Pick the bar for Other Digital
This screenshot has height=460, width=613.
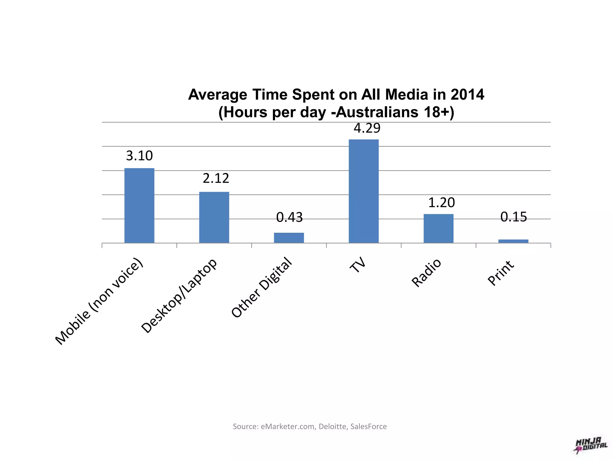[x=289, y=238]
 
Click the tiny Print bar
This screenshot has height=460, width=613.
[x=513, y=241]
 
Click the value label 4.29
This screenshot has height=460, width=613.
[x=367, y=128]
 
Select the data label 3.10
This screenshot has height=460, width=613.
[x=139, y=156]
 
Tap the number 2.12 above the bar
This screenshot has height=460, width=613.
[x=216, y=178]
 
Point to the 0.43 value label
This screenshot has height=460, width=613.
[x=289, y=217]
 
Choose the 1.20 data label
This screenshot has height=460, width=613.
[x=441, y=203]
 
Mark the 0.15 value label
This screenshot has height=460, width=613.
[x=514, y=217]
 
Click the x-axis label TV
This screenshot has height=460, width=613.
[x=358, y=265]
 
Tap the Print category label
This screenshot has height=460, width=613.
[x=501, y=273]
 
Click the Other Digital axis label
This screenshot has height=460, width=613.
[x=261, y=287]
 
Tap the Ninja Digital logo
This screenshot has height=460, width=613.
[x=591, y=445]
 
